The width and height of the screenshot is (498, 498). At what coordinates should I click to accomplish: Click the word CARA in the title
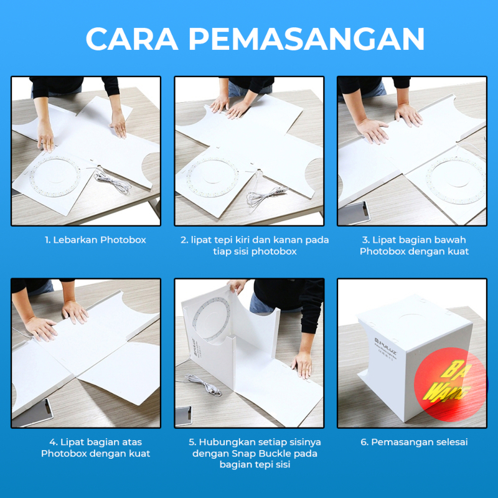[132, 39]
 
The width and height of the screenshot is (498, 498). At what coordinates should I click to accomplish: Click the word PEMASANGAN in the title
[306, 39]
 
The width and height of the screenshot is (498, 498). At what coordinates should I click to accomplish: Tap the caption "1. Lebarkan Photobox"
[95, 240]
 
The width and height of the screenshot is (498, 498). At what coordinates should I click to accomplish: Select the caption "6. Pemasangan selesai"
[414, 442]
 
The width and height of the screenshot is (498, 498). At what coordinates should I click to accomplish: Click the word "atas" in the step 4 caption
[130, 442]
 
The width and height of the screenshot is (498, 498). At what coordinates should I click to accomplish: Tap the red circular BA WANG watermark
[451, 384]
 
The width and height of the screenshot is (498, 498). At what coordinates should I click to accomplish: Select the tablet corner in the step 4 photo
[34, 412]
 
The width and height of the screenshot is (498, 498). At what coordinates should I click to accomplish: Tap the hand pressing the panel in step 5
[302, 365]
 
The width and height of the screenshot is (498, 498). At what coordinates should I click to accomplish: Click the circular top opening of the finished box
[412, 317]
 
